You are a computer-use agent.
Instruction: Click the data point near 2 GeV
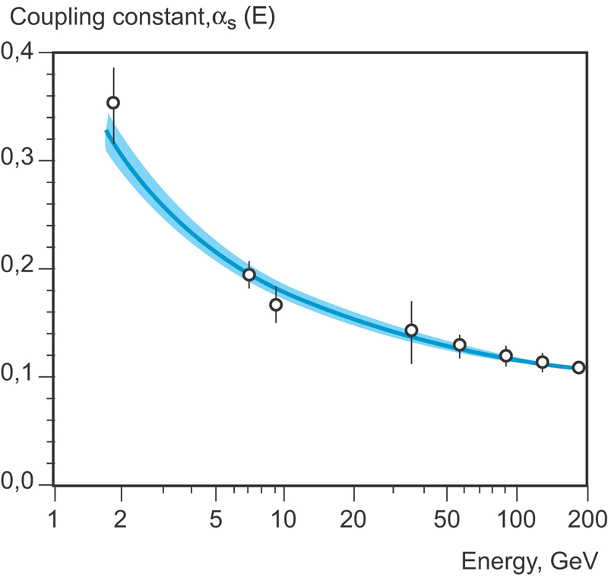click(x=113, y=103)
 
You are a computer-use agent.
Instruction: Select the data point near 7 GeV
click(x=249, y=274)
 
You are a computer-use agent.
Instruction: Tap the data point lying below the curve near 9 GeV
click(x=276, y=305)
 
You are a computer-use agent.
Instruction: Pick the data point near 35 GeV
click(x=411, y=330)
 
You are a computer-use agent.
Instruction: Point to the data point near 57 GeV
click(x=460, y=344)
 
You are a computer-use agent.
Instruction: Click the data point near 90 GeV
click(x=506, y=356)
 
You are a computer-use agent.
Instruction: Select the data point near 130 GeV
click(x=543, y=362)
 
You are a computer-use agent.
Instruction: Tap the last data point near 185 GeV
click(x=578, y=367)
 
